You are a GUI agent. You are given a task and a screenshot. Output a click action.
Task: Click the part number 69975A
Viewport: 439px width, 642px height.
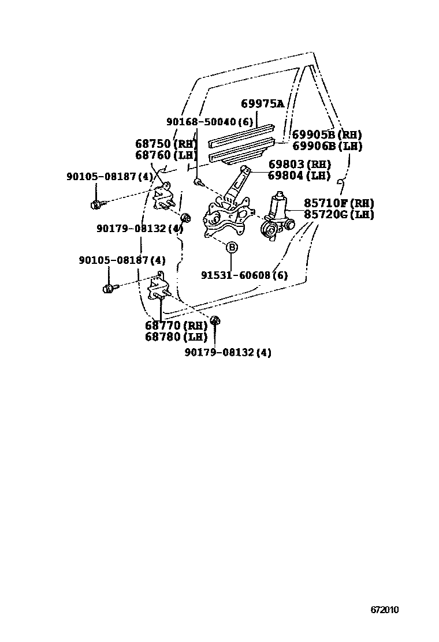pyautogui.click(x=262, y=104)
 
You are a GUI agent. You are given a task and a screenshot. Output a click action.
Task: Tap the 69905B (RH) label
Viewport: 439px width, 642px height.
pyautogui.click(x=327, y=135)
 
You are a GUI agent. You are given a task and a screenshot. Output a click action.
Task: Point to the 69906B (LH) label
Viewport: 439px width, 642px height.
pyautogui.click(x=327, y=146)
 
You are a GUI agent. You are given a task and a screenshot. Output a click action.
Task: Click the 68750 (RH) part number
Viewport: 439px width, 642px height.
pyautogui.click(x=166, y=144)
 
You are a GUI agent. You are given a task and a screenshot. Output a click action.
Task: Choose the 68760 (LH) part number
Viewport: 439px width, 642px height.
pyautogui.click(x=166, y=155)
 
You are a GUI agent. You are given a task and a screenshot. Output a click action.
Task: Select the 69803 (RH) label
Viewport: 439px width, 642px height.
pyautogui.click(x=299, y=165)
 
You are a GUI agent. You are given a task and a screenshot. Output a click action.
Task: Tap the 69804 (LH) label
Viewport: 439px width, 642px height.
pyautogui.click(x=299, y=176)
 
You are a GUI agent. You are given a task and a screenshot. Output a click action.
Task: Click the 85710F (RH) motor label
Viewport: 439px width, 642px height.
pyautogui.click(x=338, y=203)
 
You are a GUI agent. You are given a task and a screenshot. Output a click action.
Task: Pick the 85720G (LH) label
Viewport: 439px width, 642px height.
pyautogui.click(x=338, y=214)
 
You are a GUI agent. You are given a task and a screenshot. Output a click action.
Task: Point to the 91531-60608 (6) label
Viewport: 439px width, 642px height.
pyautogui.click(x=244, y=275)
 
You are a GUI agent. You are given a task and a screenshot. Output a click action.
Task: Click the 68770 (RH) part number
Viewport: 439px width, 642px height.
pyautogui.click(x=176, y=326)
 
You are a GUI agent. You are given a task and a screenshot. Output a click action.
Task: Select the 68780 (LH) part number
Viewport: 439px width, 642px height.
pyautogui.click(x=176, y=337)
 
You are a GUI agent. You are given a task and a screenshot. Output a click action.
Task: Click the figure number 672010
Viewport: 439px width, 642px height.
pyautogui.click(x=385, y=610)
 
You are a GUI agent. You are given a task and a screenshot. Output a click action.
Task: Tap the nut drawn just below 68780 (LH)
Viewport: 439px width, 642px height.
pyautogui.click(x=215, y=321)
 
